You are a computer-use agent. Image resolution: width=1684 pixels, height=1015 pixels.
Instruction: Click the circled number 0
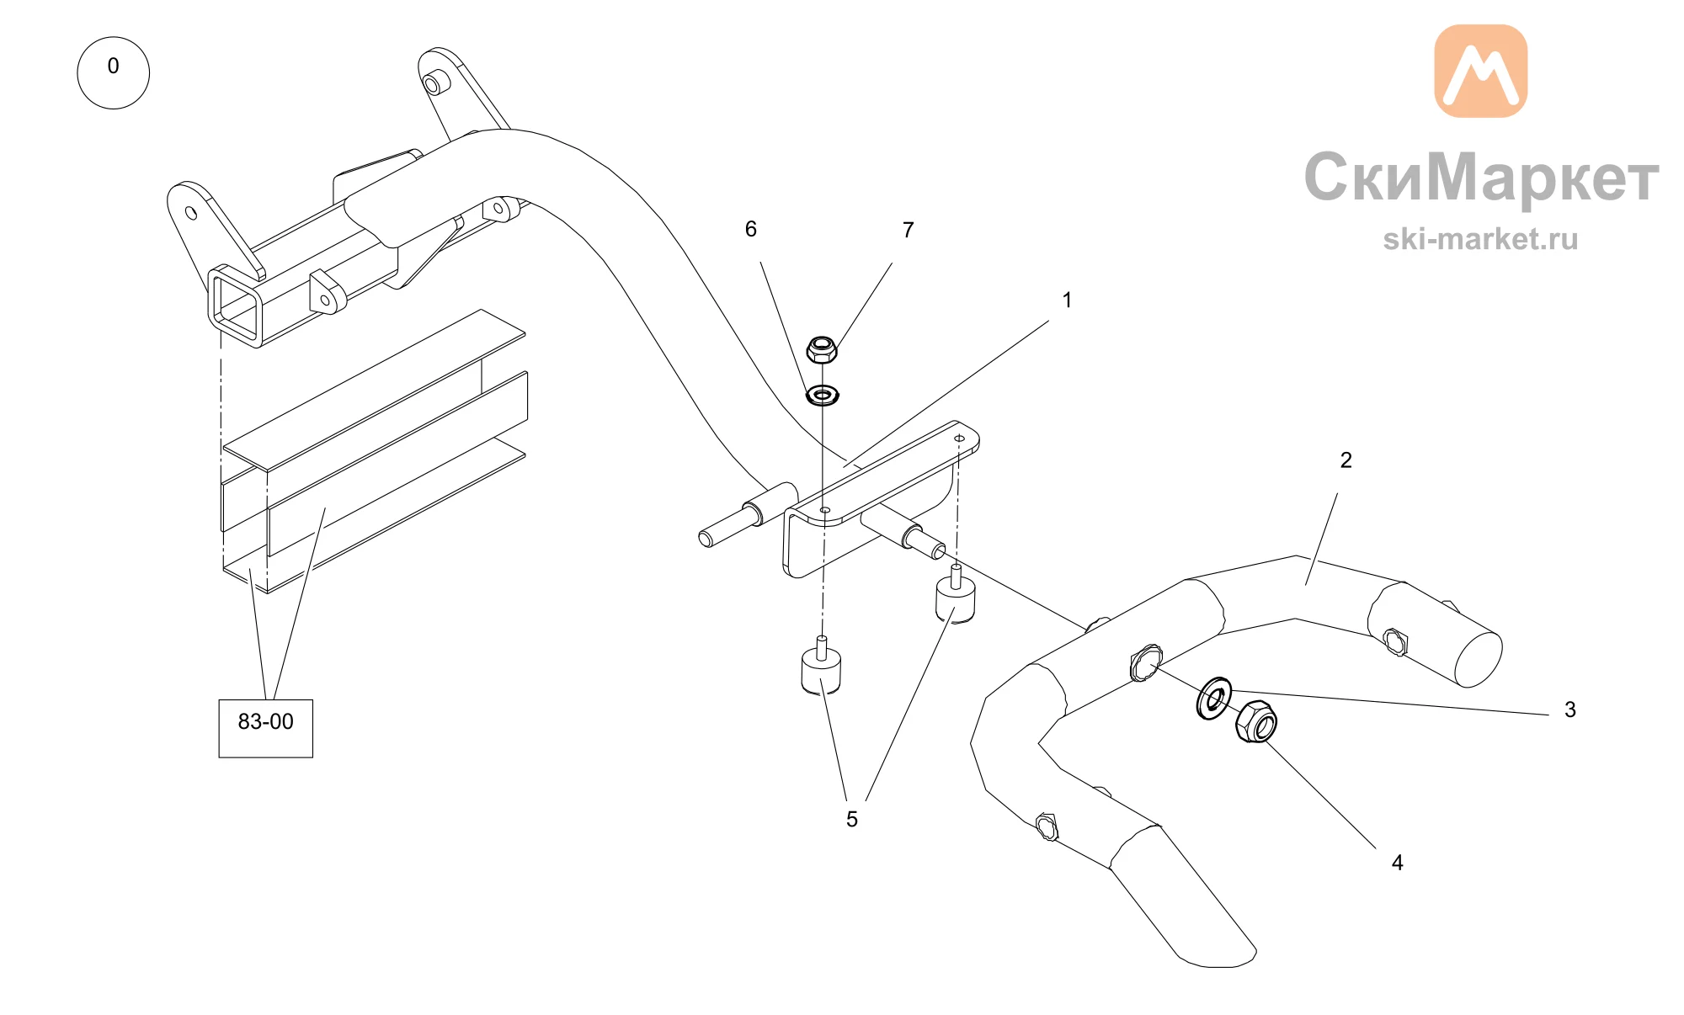(x=113, y=72)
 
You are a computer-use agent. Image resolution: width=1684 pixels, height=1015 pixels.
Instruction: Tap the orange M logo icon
(x=1480, y=71)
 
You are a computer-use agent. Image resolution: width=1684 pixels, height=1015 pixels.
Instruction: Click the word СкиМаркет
(x=1481, y=178)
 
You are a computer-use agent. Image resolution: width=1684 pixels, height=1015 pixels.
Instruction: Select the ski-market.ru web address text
(x=1480, y=239)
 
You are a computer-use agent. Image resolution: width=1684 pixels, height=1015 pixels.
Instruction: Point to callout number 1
(x=1067, y=300)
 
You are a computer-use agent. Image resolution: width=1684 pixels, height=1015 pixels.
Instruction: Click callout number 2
(x=1346, y=460)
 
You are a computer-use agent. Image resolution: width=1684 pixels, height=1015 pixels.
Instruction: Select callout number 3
(x=1569, y=709)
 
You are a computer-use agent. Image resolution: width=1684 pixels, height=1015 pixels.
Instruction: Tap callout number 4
(x=1397, y=863)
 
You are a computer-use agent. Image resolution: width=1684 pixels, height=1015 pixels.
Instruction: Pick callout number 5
(x=852, y=819)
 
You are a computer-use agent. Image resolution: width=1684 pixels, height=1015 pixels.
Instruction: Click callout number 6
(x=750, y=229)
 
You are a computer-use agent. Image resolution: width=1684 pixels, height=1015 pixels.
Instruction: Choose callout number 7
(x=908, y=230)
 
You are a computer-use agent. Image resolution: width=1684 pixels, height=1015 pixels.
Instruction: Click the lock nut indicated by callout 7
(x=822, y=349)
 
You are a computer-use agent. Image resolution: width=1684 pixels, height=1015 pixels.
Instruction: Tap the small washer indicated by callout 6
(x=822, y=395)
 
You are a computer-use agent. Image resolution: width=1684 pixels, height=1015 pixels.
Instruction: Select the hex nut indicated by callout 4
(x=1256, y=721)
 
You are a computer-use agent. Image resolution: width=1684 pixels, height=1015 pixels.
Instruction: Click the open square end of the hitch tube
(x=237, y=305)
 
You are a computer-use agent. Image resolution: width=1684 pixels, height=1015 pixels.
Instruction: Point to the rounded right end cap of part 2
(x=1479, y=659)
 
